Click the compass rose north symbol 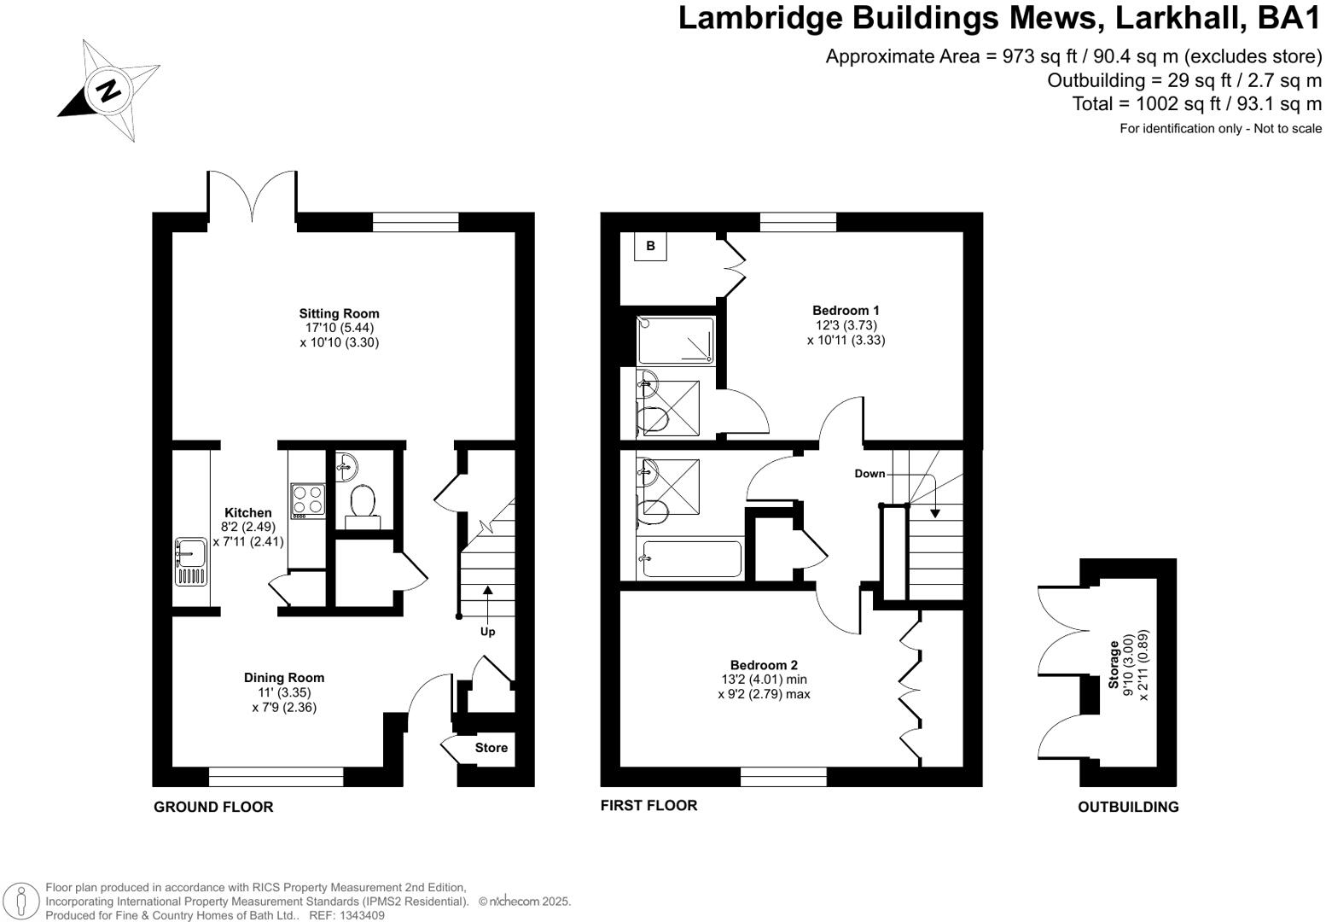point(108,90)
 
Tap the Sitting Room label point(339,313)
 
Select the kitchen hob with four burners point(307,501)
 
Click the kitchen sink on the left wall point(189,561)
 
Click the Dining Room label point(284,678)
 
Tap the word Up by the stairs point(487,632)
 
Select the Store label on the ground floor point(491,748)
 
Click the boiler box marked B point(650,246)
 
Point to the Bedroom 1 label point(846,311)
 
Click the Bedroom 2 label point(764,665)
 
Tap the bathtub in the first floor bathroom point(692,559)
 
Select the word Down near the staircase point(869,473)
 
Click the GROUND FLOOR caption point(213,807)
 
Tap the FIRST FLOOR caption point(648,805)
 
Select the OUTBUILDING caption point(1127,807)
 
